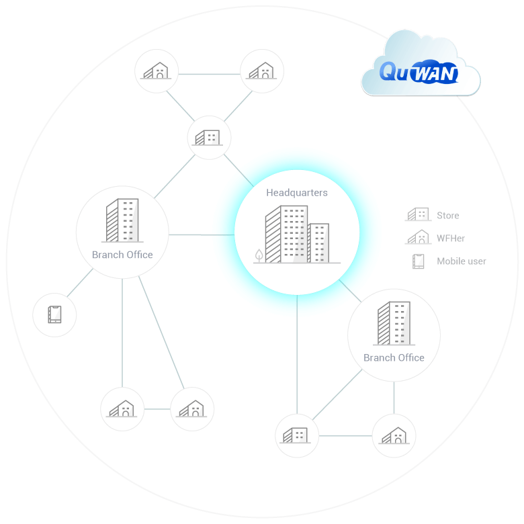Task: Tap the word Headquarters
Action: coord(297,193)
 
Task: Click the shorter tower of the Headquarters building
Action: coord(318,243)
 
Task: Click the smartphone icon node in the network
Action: coord(54,314)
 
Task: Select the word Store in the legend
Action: coord(448,216)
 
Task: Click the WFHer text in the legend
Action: coord(451,238)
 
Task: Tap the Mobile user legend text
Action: coord(462,261)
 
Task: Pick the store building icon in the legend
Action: coord(418,215)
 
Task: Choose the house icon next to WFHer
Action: coord(418,237)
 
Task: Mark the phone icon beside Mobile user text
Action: coord(419,261)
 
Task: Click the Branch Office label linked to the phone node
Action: coord(122,255)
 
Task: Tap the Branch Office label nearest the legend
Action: coord(394,357)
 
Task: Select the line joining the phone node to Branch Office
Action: coord(80,284)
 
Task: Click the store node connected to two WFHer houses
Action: coord(209,137)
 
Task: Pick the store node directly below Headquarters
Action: coord(297,435)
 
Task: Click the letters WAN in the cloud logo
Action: coord(433,73)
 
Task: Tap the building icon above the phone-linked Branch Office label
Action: coord(122,220)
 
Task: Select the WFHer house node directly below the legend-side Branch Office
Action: coord(394,435)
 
